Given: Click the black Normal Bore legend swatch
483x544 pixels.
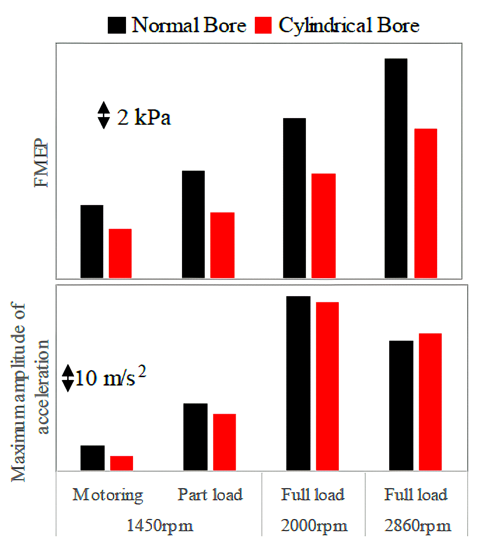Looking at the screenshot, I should [117, 25].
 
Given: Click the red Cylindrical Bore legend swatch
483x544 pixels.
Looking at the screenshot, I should [263, 25].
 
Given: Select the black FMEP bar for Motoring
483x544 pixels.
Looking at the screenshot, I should [92, 242].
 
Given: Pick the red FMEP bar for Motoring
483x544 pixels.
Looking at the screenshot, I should [120, 253].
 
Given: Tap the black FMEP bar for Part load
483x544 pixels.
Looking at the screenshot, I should [193, 224].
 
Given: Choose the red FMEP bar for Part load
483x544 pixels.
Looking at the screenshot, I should [222, 245].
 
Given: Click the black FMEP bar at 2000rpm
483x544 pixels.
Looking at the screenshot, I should [294, 198].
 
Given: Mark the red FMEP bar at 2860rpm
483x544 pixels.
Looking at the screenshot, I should [426, 203].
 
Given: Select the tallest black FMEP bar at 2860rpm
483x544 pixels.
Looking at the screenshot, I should [396, 168].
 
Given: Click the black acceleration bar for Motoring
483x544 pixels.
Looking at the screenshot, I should [92, 458].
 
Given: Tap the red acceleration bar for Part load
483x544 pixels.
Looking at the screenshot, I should [224, 442].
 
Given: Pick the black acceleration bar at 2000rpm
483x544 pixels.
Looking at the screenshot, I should [298, 383].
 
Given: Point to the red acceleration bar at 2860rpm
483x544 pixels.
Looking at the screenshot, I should [430, 402].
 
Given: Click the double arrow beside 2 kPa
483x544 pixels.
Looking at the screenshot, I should [104, 115].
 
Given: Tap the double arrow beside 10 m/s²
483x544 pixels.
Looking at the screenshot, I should [68, 378].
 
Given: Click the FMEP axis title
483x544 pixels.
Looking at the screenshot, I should [41, 163].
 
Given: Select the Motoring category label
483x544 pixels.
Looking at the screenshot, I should [108, 495].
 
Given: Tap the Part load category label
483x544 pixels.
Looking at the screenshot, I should [210, 495].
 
